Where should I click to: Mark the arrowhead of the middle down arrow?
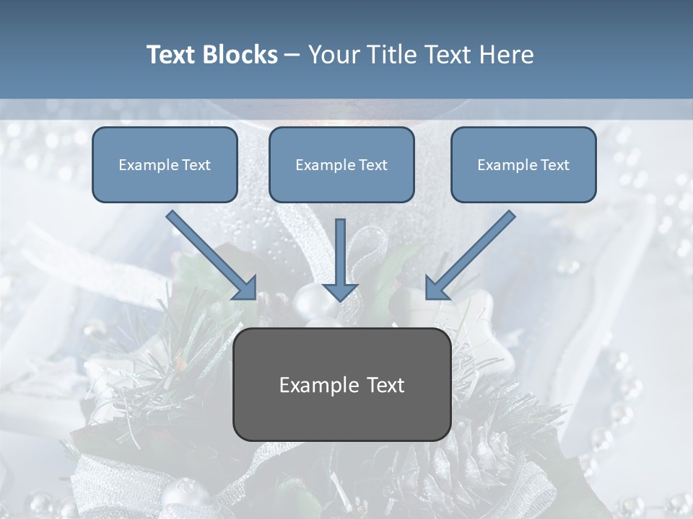341,291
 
